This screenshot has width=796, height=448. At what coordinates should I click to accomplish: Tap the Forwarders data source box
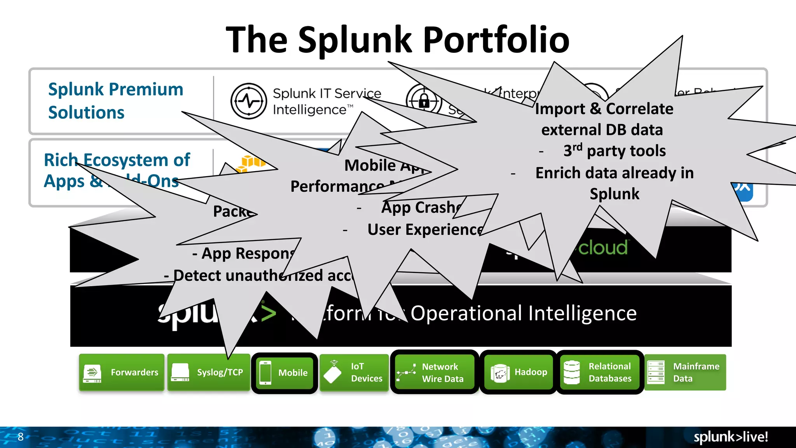point(121,372)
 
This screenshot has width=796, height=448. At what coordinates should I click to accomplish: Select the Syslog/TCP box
point(208,372)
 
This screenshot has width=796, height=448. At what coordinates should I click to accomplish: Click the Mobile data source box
point(285,373)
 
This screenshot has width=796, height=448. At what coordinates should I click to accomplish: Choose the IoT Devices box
point(354,372)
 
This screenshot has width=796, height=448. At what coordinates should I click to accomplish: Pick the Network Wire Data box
point(434,372)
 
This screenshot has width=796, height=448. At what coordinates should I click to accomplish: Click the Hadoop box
point(519,372)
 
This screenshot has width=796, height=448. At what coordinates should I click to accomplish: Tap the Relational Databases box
point(600,372)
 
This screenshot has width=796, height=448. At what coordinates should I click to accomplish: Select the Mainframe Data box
point(685,372)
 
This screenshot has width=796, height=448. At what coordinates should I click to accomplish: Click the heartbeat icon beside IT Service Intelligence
point(249,101)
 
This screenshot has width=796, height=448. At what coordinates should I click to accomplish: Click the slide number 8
point(21,437)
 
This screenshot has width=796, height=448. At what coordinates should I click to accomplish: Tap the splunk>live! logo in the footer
point(730,437)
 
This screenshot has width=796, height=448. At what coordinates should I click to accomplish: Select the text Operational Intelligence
point(523,313)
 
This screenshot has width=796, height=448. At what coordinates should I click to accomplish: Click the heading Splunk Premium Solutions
point(115,101)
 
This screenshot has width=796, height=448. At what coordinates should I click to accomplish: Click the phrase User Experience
point(425,229)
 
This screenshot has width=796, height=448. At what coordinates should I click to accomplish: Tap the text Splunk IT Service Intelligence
point(326,101)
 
